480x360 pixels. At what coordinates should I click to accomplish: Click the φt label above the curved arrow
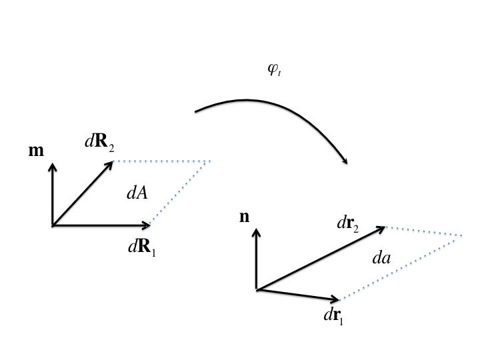tap(274, 71)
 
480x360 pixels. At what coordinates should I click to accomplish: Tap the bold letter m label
tap(36, 151)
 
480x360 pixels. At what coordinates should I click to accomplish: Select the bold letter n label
tap(245, 217)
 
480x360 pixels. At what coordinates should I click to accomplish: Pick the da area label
tap(381, 258)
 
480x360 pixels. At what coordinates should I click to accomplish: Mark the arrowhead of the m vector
tap(52, 164)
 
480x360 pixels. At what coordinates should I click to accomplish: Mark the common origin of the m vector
tap(52, 225)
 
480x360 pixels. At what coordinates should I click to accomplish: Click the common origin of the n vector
tap(257, 289)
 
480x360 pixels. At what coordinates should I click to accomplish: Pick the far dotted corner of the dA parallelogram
tap(211, 161)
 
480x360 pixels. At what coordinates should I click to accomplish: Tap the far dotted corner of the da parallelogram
tap(462, 235)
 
